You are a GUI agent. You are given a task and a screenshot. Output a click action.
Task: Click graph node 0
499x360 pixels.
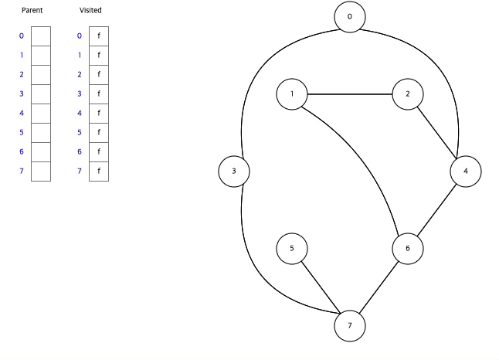[350, 17]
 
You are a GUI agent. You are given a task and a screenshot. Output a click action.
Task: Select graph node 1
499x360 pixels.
[292, 94]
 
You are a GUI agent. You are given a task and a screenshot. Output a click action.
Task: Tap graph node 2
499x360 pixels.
[408, 94]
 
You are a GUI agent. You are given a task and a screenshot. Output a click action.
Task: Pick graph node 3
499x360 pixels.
[234, 172]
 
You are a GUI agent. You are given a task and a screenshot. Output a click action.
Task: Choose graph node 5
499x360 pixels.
[292, 249]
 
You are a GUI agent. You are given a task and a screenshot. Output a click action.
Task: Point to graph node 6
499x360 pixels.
[408, 249]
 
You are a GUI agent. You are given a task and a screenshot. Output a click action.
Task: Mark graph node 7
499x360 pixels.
[350, 326]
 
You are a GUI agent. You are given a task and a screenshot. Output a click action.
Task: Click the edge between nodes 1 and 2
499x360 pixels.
[350, 94]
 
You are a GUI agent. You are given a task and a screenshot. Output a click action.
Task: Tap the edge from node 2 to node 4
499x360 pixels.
[436, 133]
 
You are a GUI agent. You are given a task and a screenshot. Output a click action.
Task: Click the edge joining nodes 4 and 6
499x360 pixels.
[436, 210]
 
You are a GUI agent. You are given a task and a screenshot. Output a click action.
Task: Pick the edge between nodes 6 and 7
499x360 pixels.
[378, 287]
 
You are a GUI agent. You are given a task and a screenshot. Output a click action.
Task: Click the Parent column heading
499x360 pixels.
[32, 11]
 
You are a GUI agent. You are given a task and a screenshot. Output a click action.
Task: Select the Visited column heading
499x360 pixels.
[90, 11]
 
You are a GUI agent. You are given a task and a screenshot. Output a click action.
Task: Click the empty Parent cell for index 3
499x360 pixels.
[40, 94]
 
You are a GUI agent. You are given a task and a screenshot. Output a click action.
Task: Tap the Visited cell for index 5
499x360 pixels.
[99, 133]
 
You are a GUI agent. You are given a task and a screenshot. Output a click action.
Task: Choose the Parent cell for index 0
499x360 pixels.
[40, 36]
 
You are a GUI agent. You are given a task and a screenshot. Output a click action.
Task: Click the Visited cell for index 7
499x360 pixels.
[99, 172]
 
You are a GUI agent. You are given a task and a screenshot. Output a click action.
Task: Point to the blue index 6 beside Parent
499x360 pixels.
[21, 152]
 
